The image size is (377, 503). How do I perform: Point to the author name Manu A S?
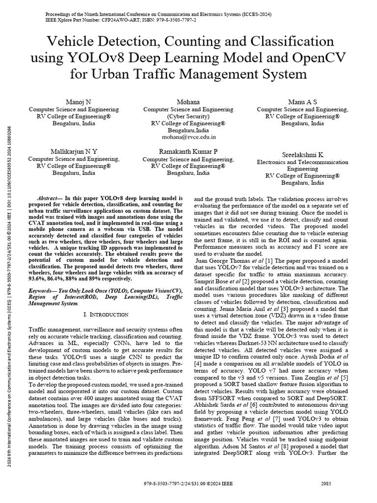[302, 101]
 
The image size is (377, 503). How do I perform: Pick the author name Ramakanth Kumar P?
[188, 151]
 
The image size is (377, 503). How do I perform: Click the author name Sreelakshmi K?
[302, 154]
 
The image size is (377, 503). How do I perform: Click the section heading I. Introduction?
[106, 314]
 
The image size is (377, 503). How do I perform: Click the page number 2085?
[326, 484]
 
